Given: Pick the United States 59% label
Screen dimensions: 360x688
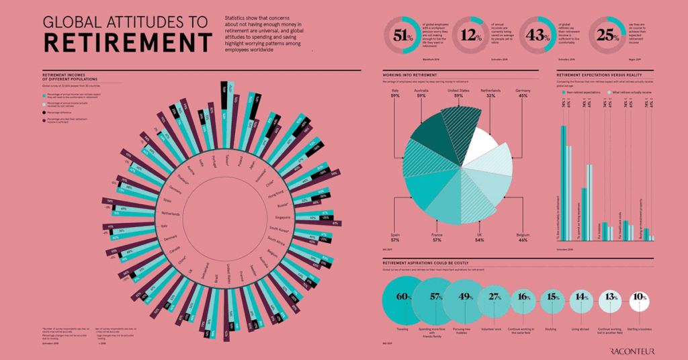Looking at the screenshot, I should [x=458, y=93].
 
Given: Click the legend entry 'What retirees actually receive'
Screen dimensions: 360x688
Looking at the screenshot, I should [x=630, y=92].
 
